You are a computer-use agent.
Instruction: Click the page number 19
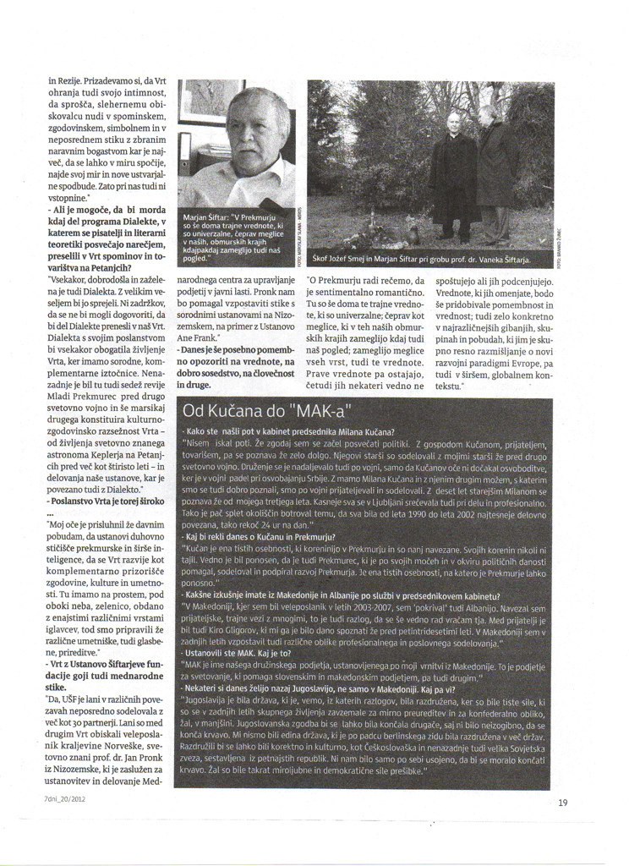pyautogui.click(x=563, y=803)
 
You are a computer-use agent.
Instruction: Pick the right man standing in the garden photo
pyautogui.click(x=493, y=169)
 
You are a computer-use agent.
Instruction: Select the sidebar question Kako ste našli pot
pyautogui.click(x=287, y=431)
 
